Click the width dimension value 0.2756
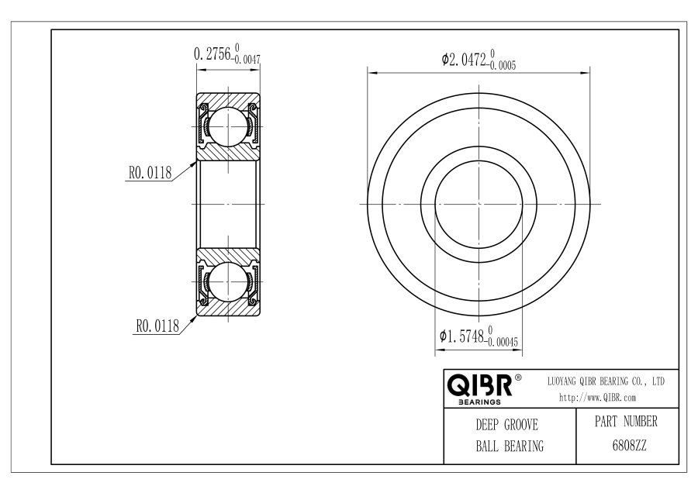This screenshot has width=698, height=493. [213, 53]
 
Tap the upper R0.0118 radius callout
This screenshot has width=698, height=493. [150, 173]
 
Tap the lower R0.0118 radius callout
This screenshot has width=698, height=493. [157, 326]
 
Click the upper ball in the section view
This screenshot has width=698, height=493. [228, 127]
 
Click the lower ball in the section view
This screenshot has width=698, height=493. [228, 281]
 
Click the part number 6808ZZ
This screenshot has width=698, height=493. [629, 446]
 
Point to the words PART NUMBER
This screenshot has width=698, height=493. [626, 422]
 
